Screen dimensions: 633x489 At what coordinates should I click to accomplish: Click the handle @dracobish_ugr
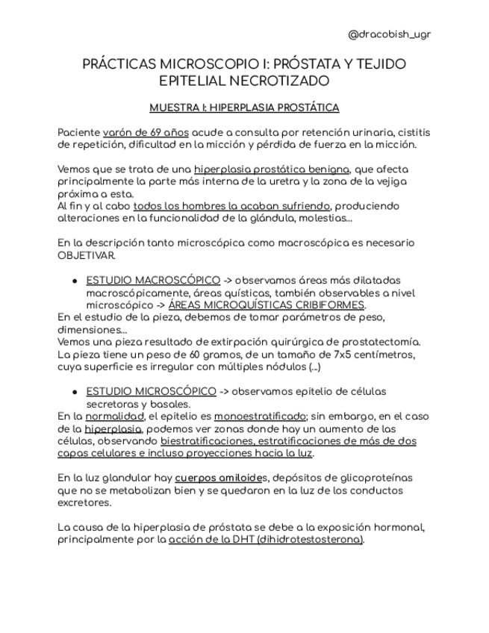point(390,34)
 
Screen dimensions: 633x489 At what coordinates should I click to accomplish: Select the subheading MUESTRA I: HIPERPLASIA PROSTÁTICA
point(244,107)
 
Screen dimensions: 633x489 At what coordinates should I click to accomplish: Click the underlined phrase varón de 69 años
point(146,132)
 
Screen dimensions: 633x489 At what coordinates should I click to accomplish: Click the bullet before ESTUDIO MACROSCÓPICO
point(75,281)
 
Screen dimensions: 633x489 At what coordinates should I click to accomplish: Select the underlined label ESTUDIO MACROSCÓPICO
point(153,280)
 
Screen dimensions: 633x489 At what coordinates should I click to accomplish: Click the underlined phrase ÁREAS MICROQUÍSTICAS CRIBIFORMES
point(267,305)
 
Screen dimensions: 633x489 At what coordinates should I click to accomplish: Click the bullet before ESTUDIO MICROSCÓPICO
point(75,392)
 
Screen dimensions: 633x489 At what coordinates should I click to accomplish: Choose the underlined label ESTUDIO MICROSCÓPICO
point(152,391)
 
